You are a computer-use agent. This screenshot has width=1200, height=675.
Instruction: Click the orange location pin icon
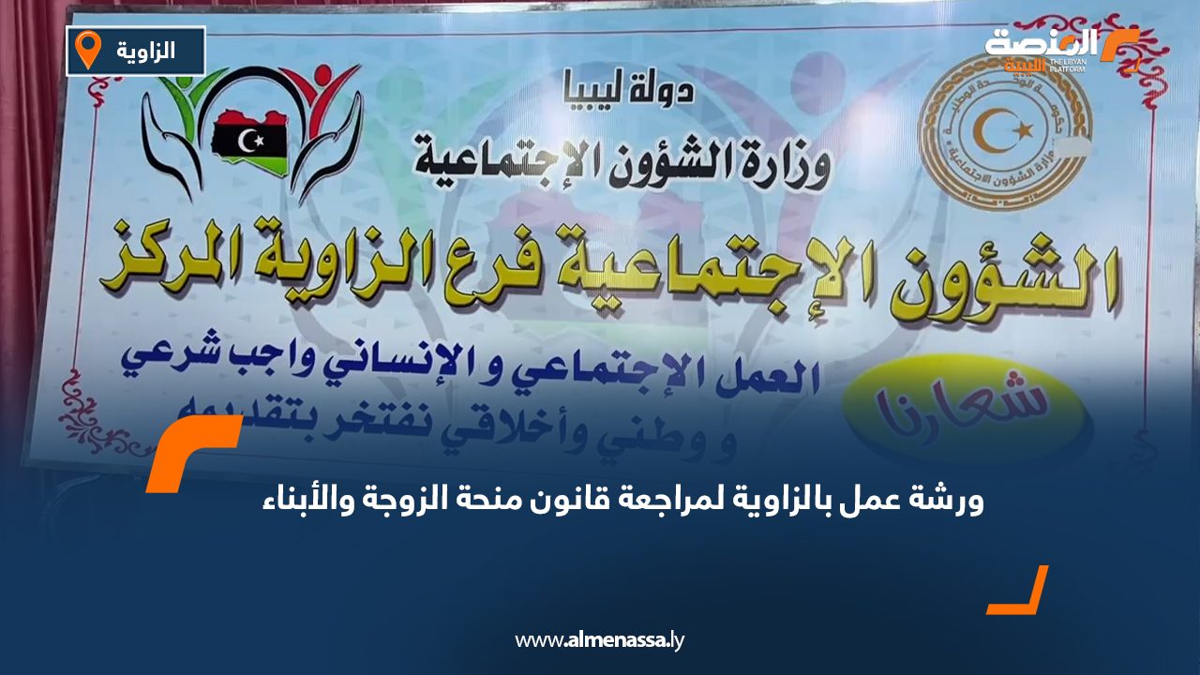pyautogui.click(x=87, y=50)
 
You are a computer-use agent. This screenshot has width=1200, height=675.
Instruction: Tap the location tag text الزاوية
pyautogui.click(x=148, y=51)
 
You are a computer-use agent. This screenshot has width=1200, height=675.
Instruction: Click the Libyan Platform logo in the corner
pyautogui.click(x=1059, y=49)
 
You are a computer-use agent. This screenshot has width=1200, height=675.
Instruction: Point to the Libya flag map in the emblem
pyautogui.click(x=249, y=137)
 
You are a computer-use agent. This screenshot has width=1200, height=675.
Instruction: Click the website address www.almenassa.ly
pyautogui.click(x=600, y=641)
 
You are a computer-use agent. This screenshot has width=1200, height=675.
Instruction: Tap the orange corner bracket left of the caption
pyautogui.click(x=192, y=450)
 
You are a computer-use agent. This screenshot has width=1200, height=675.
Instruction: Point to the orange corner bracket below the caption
pyautogui.click(x=1022, y=592)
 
